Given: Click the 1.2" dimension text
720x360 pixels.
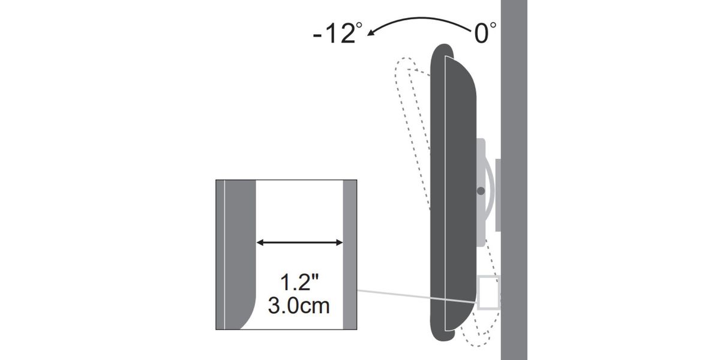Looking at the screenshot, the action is (299, 282).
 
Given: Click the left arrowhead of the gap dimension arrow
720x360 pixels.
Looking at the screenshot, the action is (260, 242).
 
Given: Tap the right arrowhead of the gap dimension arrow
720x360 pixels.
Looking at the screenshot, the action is (340, 242).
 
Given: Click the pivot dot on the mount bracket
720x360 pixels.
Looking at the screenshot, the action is (481, 191).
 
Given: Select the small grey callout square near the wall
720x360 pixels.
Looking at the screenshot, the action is (488, 293).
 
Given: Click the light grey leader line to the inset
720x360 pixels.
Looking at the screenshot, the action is (417, 296).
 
